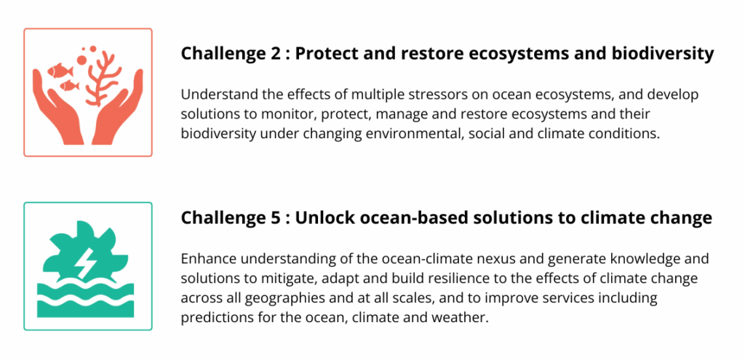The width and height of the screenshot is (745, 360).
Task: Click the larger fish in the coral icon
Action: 57,71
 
